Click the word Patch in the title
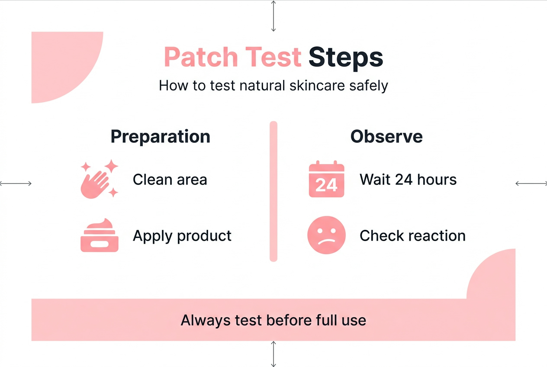pyautogui.click(x=201, y=58)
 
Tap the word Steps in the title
pyautogui.click(x=346, y=58)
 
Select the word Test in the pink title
pyautogui.click(x=273, y=58)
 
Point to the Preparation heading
pyautogui.click(x=161, y=136)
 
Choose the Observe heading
pyautogui.click(x=386, y=136)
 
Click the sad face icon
pyautogui.click(x=326, y=235)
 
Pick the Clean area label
pyautogui.click(x=170, y=179)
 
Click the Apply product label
pyautogui.click(x=182, y=236)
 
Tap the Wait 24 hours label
pyautogui.click(x=408, y=179)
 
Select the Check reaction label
pyautogui.click(x=412, y=236)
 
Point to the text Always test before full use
pyautogui.click(x=273, y=320)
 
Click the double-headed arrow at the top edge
pyautogui.click(x=273, y=16)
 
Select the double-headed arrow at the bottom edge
pyautogui.click(x=273, y=354)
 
